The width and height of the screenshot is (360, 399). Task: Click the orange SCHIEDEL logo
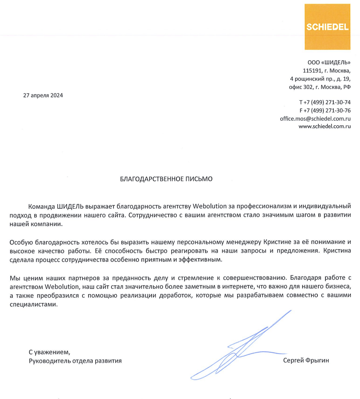[x=327, y=27]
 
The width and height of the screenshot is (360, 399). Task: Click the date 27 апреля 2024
[x=43, y=95]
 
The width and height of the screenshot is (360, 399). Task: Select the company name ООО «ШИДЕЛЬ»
[x=329, y=63]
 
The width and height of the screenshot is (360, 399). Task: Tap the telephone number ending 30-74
[x=325, y=102]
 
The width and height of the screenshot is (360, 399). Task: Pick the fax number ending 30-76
[x=325, y=110]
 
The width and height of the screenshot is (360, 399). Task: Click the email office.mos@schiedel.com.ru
[x=315, y=118]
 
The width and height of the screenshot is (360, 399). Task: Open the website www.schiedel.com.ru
[x=324, y=126]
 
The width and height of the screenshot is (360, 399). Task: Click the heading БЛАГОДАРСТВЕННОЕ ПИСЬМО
[x=166, y=179]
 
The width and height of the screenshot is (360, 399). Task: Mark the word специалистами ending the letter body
[x=33, y=304]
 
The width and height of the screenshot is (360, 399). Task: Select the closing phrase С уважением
[x=48, y=352]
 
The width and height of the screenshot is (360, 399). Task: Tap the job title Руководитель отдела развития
[x=75, y=360]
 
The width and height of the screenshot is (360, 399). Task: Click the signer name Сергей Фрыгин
[x=306, y=360]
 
